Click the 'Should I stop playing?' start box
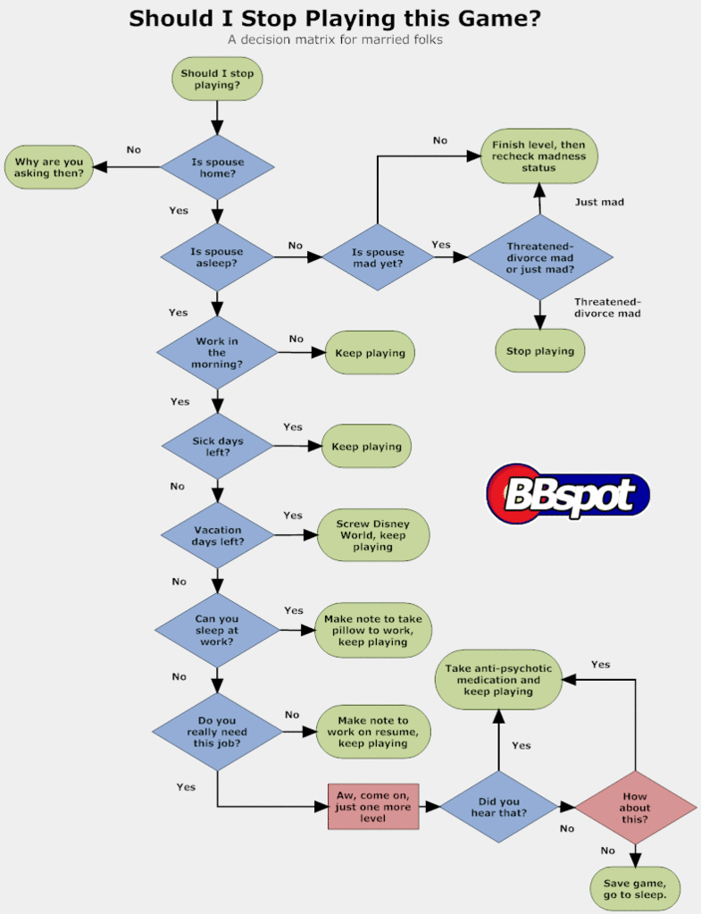click(217, 79)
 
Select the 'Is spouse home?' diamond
click(217, 167)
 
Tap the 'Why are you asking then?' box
click(49, 167)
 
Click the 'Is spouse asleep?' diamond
click(217, 257)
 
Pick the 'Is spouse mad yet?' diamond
click(377, 257)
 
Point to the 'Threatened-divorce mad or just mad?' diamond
click(539, 257)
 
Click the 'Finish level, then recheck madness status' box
click(539, 155)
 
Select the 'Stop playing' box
click(539, 351)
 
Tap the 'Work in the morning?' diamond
click(217, 352)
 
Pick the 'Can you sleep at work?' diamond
click(217, 630)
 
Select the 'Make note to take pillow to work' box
click(373, 630)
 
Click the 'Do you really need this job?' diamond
click(217, 730)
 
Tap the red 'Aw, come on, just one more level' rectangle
click(372, 806)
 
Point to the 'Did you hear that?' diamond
click(498, 806)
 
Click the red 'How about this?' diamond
click(635, 806)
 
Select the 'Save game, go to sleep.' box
click(635, 888)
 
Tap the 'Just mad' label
click(599, 202)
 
